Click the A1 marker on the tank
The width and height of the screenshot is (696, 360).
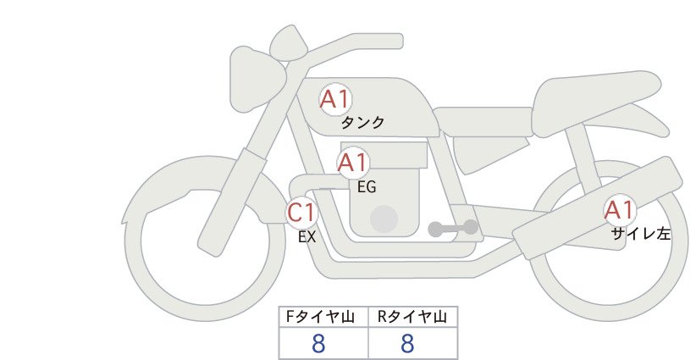335,99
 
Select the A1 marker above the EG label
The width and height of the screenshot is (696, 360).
353,163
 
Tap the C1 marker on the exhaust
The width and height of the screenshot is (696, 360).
301,213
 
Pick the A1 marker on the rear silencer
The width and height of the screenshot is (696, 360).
620,210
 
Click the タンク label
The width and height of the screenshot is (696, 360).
362,123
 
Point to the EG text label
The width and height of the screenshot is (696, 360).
367,187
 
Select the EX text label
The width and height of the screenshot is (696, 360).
307,237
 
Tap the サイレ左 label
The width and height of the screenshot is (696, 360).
640,234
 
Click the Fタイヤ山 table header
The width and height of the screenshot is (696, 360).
320,317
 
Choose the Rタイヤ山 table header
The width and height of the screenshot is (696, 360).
412,317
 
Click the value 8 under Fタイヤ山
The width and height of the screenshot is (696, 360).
318,344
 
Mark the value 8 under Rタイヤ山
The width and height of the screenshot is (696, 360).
407,344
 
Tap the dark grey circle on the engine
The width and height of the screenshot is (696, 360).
384,219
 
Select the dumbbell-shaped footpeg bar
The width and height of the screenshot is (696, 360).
453,229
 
